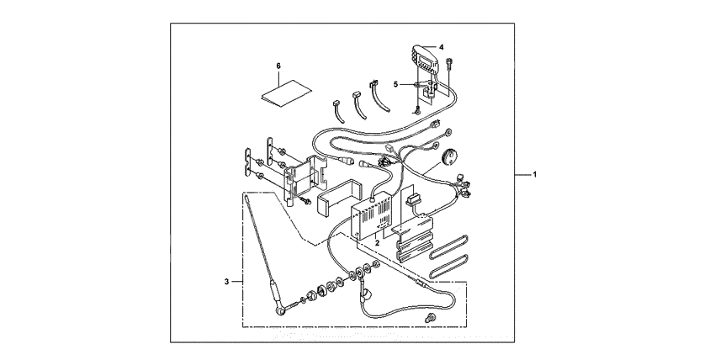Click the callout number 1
click(535, 174)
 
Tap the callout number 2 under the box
click(377, 243)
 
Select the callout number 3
click(226, 282)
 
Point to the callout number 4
click(442, 47)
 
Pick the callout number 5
click(396, 84)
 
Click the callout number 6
click(278, 66)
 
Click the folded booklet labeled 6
click(285, 94)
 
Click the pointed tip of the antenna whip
click(246, 194)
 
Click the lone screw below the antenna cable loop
click(429, 318)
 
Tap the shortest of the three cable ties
click(338, 111)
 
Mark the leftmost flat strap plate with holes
click(247, 162)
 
